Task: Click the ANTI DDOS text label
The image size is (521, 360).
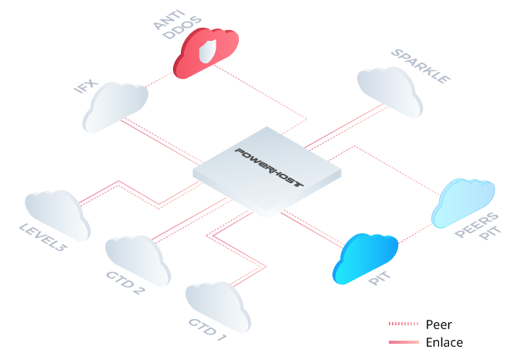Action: (170, 22)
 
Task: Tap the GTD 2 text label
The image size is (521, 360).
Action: (124, 284)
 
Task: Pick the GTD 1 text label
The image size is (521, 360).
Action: (207, 330)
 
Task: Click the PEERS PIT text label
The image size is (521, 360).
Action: (478, 225)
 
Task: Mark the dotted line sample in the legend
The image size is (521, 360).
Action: (404, 324)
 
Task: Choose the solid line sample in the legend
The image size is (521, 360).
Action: (404, 341)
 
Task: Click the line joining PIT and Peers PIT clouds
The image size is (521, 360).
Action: (415, 235)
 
